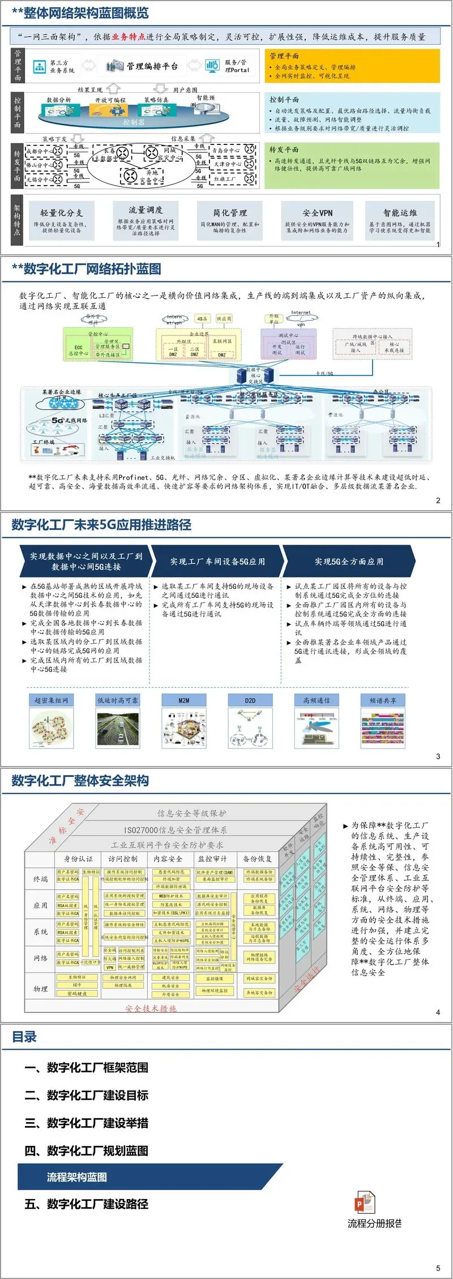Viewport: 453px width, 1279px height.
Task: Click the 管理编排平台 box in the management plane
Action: point(145,66)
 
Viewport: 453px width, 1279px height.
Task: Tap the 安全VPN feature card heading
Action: point(317,213)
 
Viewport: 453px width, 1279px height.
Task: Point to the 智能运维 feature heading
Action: point(400,213)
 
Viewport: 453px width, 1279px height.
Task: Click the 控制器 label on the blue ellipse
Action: point(134,122)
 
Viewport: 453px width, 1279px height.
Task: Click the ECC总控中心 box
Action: point(78,350)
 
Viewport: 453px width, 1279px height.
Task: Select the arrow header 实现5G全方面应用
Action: point(349,562)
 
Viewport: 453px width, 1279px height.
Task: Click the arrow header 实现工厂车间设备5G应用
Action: point(217,562)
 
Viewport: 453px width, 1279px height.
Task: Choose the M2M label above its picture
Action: point(184,700)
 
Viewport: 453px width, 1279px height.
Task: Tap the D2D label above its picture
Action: point(250,700)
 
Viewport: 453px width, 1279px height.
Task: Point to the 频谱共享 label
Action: point(383,700)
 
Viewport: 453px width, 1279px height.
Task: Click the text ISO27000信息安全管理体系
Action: point(176,830)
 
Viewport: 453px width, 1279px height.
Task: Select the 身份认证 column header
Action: point(78,859)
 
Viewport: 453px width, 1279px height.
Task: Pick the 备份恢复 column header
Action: point(258,859)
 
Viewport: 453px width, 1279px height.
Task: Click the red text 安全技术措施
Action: point(151,1008)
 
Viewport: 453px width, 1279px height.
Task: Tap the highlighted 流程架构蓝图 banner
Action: point(77,1177)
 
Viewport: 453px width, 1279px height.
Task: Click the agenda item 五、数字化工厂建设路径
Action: point(86,1204)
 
